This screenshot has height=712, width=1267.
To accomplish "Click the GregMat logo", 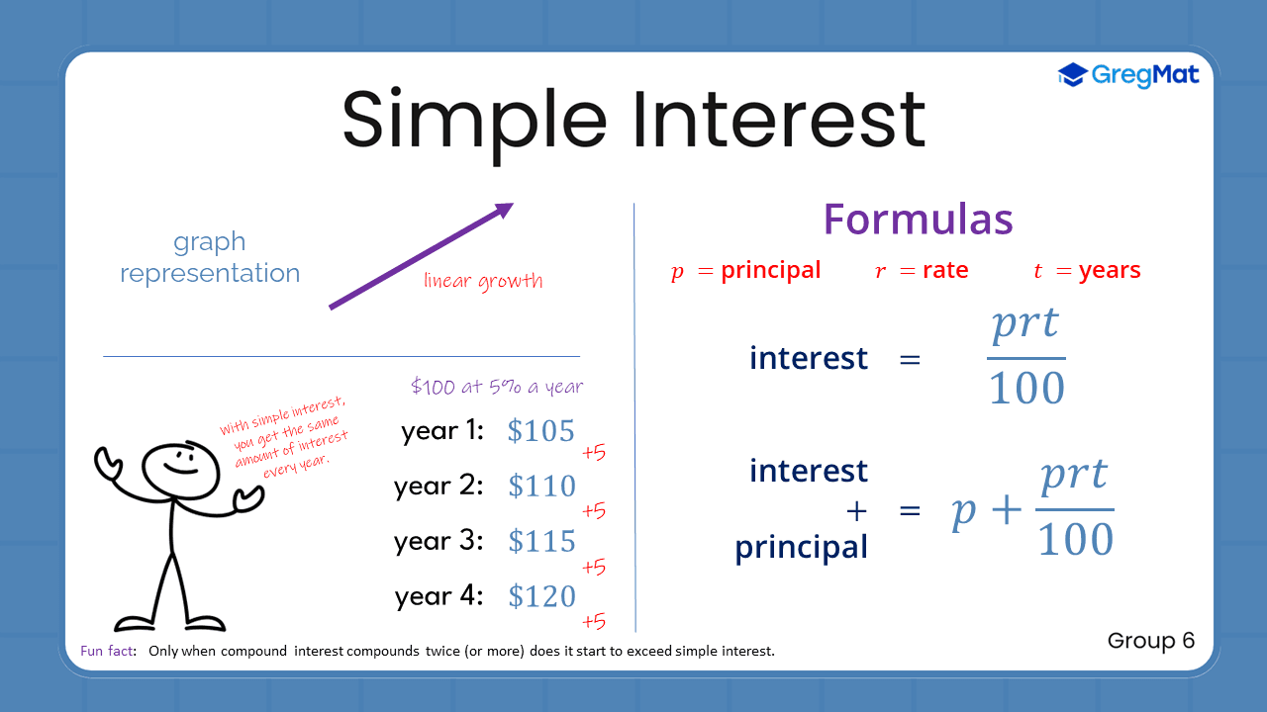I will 1128,75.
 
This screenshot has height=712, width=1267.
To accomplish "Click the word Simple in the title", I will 474,120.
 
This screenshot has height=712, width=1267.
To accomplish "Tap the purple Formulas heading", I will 918,219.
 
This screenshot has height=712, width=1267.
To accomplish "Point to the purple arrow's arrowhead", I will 504,210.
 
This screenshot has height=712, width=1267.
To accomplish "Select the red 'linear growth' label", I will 483,281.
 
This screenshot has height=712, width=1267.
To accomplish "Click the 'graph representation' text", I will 210,257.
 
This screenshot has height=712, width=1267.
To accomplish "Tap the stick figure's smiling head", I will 180,465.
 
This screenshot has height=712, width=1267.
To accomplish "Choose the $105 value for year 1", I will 540,431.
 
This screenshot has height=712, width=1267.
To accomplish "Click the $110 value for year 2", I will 541,487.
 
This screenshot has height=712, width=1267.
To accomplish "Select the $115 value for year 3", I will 541,542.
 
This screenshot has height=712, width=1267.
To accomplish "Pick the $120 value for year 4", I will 541,597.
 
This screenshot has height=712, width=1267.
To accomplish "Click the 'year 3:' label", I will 439,541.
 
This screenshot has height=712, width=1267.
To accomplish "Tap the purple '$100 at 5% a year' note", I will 496,387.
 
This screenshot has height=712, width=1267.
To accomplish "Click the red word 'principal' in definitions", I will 770,271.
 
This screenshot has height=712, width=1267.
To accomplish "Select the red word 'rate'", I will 944,271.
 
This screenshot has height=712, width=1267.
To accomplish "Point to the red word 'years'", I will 1110,271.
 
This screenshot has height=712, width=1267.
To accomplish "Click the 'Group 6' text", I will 1151,641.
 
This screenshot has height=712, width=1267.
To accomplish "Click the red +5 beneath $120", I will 593,622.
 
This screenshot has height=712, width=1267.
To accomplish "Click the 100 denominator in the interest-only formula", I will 1026,388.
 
